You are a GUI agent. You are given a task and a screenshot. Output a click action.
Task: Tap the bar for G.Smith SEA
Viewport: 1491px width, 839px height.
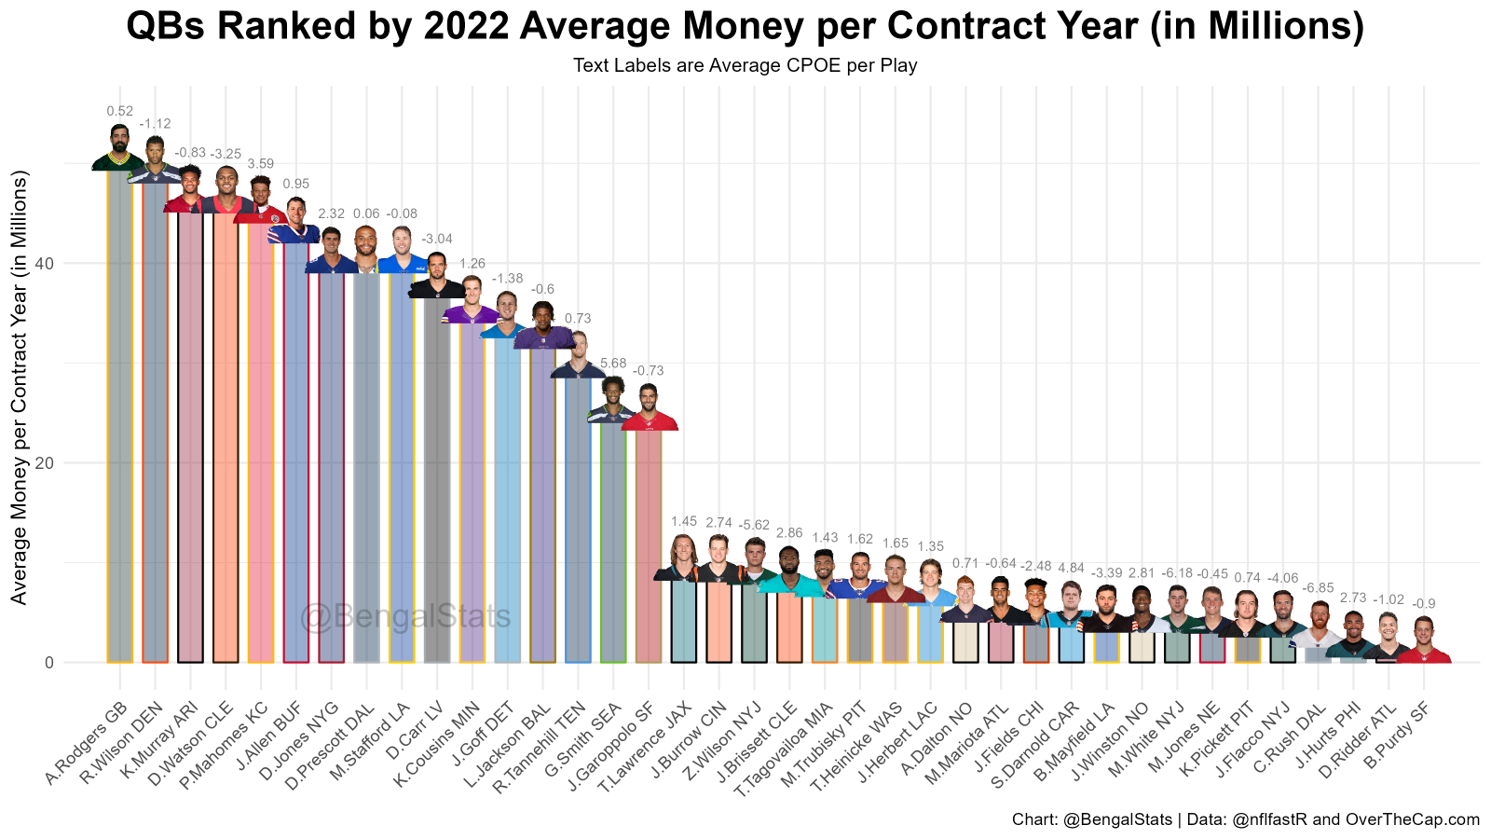(613, 541)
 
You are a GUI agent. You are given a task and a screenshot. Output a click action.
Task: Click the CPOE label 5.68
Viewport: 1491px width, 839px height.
(613, 364)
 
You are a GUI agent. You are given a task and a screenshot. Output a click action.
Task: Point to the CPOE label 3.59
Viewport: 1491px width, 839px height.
(260, 164)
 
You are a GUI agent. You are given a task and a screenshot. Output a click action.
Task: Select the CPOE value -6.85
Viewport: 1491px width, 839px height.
(1317, 588)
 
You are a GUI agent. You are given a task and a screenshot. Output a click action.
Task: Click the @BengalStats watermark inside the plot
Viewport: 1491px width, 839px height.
(405, 617)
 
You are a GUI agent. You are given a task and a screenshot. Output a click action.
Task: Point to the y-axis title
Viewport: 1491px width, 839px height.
(21, 386)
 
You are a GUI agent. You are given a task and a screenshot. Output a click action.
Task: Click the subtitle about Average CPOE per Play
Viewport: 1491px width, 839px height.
(745, 65)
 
